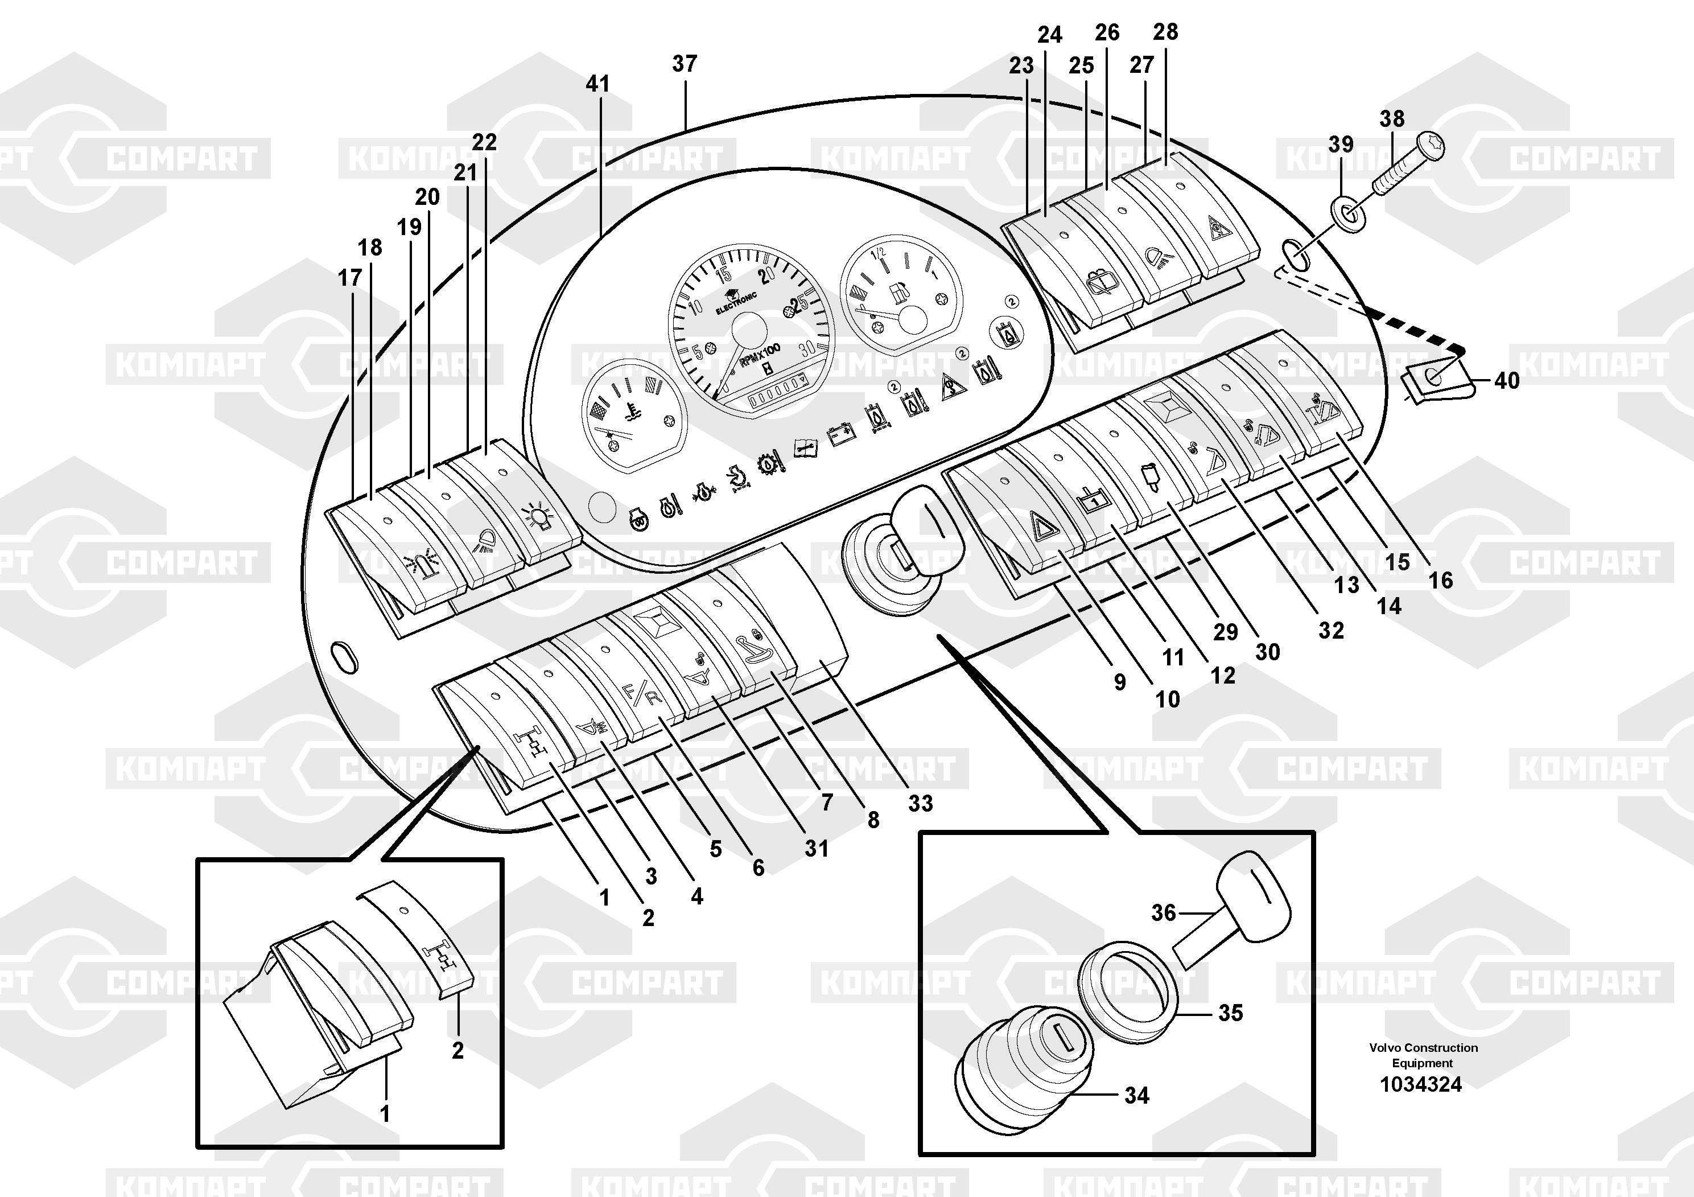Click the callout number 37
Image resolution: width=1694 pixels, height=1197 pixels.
click(x=684, y=64)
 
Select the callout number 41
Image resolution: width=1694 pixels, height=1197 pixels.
click(x=597, y=84)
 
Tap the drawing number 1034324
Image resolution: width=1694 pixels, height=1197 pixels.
click(x=1421, y=1084)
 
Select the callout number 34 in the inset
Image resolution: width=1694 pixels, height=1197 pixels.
click(x=1136, y=1096)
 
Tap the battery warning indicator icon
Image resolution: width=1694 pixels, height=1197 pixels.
click(x=840, y=436)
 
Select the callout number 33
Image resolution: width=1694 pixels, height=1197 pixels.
click(x=920, y=803)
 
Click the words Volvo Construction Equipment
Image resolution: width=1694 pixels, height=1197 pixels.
click(x=1423, y=1055)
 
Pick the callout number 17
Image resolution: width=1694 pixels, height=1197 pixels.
click(x=350, y=278)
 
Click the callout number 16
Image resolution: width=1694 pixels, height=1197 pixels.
click(x=1440, y=580)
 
